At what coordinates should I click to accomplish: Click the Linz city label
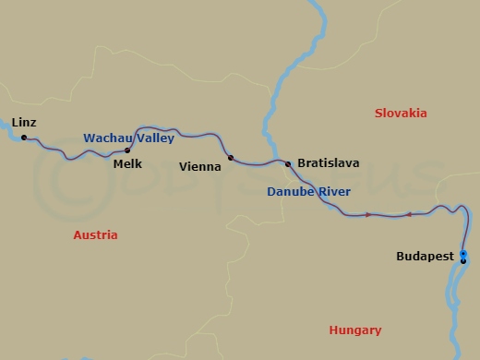(24, 121)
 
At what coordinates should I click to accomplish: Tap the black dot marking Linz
(24, 138)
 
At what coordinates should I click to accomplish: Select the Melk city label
(126, 163)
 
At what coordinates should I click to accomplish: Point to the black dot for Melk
(127, 150)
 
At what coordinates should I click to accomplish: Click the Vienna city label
(203, 167)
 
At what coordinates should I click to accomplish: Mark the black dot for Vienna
(231, 158)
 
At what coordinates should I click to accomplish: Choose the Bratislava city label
(328, 163)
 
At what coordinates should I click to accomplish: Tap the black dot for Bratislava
(288, 164)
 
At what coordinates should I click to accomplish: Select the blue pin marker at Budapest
(463, 253)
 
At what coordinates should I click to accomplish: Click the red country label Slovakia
(401, 113)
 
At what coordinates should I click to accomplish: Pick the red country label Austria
(95, 235)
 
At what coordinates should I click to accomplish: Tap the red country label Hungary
(355, 330)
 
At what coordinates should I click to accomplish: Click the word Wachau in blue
(104, 138)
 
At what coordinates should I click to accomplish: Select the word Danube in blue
(289, 191)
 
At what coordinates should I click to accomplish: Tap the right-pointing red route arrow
(369, 215)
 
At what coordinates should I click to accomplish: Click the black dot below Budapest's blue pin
(463, 261)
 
